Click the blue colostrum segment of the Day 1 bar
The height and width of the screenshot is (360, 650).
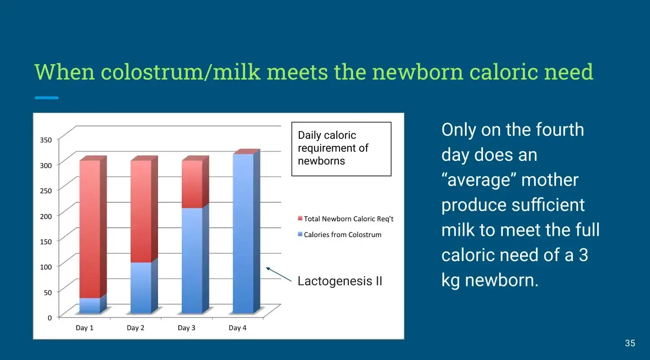90,305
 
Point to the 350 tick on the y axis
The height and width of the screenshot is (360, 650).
46,140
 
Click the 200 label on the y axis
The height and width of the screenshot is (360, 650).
46,216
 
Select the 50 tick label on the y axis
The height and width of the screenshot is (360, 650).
48,292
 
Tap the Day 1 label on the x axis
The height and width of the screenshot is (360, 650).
84,328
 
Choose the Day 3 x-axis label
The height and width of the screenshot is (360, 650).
186,328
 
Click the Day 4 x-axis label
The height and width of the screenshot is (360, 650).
237,328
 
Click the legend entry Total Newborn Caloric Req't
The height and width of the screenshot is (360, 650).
346,219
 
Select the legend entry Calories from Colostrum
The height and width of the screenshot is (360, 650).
340,234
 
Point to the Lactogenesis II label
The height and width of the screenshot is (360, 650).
340,281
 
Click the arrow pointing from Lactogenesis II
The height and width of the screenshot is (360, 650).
279,274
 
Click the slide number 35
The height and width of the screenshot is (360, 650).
630,343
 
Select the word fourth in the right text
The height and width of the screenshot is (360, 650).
560,130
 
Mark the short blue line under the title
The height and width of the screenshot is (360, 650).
46,98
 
